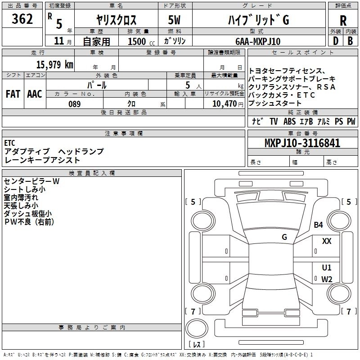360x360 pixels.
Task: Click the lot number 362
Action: (x=22, y=19)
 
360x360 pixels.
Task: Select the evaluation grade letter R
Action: (x=343, y=20)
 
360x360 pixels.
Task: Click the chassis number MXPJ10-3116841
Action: (x=302, y=144)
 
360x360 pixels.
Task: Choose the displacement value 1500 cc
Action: (x=136, y=41)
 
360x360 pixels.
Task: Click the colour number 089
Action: (x=75, y=104)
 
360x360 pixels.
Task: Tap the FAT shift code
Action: (x=13, y=94)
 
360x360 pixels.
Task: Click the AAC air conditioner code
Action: (x=35, y=94)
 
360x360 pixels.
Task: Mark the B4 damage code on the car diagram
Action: (x=319, y=225)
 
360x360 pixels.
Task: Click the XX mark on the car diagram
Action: (x=327, y=241)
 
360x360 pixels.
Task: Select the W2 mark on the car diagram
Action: (x=327, y=279)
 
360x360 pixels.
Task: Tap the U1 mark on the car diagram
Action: (x=327, y=267)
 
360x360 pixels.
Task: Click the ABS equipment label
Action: (x=290, y=121)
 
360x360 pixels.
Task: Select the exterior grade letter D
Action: (x=335, y=41)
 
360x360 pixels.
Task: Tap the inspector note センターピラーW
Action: (x=31, y=181)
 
